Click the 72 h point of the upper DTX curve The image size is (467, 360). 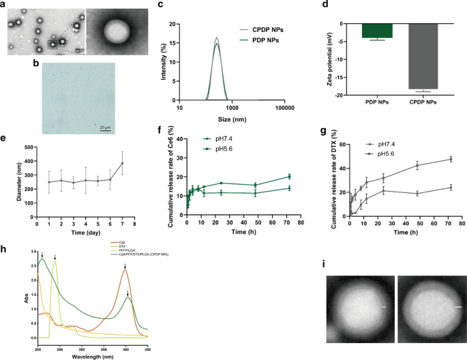(451, 160)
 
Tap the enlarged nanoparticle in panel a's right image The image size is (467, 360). (112, 31)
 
